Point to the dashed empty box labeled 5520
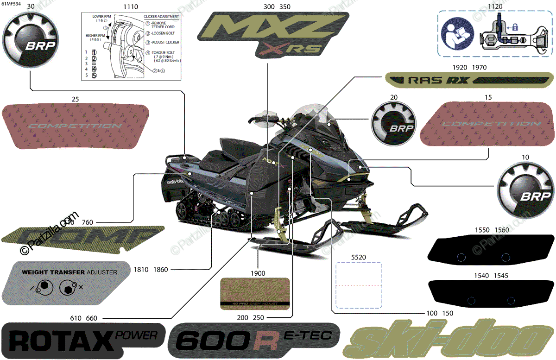(358, 285)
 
